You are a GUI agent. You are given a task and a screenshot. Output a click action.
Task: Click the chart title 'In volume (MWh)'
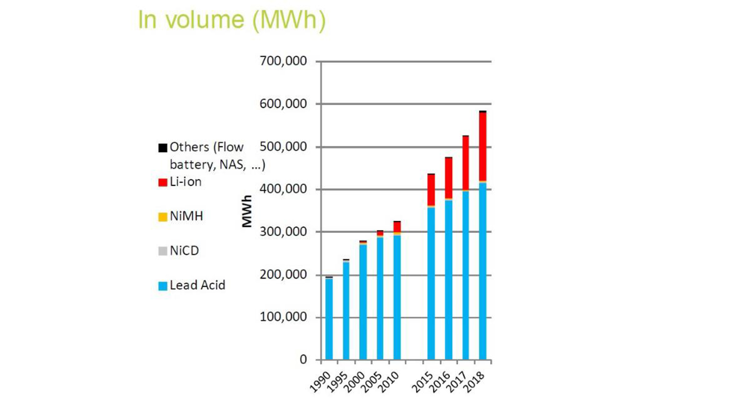click(x=231, y=20)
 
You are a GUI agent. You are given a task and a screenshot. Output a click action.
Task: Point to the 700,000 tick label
click(x=283, y=61)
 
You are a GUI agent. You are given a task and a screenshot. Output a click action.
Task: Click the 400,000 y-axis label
click(x=283, y=189)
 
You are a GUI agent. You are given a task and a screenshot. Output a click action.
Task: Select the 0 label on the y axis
click(x=303, y=359)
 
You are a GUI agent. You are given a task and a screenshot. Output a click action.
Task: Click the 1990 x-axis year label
click(x=320, y=382)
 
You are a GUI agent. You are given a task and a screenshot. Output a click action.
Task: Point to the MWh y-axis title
click(x=247, y=211)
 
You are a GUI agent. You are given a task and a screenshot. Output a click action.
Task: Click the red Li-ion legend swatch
click(x=163, y=182)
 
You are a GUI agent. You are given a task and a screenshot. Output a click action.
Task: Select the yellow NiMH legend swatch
click(x=163, y=217)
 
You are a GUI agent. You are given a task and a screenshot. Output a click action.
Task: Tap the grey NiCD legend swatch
click(x=163, y=251)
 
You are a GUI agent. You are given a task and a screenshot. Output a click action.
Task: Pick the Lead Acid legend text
click(x=197, y=285)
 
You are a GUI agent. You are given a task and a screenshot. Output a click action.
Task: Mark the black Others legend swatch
click(x=163, y=148)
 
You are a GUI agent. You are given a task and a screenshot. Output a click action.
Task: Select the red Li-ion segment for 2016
click(x=448, y=178)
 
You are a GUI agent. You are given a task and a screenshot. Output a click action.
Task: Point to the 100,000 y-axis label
click(x=283, y=317)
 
